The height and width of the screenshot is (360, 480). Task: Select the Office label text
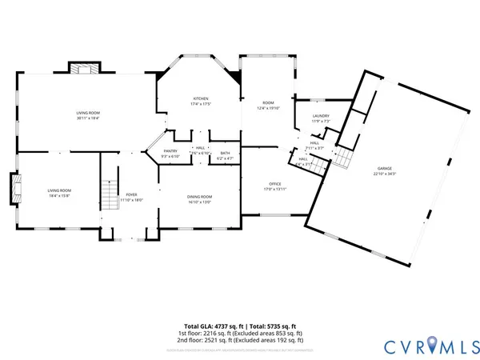(274, 186)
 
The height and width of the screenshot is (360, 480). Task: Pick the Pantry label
(170, 154)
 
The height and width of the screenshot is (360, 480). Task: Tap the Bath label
(225, 155)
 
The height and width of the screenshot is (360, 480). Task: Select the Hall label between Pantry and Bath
(200, 150)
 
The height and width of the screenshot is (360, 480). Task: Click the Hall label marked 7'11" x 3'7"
(314, 146)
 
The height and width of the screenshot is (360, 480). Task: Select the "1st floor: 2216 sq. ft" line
(240, 333)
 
